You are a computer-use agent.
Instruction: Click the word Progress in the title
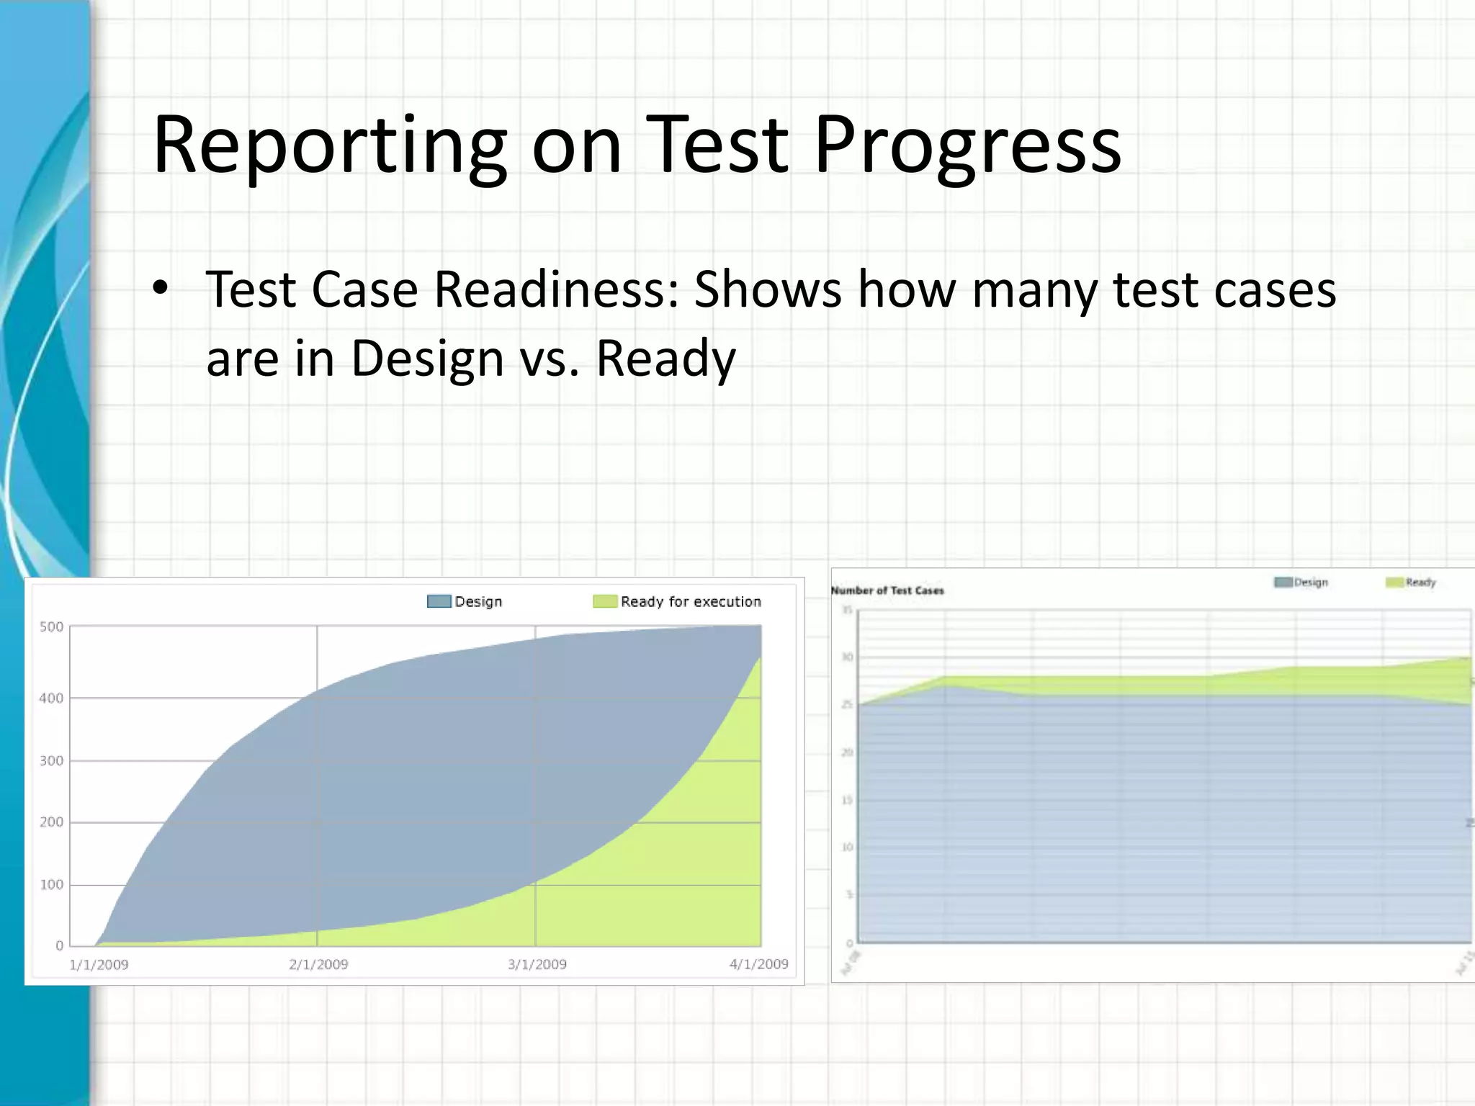click(967, 146)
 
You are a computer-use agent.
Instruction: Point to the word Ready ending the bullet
click(665, 358)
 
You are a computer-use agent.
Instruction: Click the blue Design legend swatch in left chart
click(439, 601)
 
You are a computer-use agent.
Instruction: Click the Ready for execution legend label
click(690, 601)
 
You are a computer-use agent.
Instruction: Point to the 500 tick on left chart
click(51, 626)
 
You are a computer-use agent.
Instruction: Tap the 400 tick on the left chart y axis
click(51, 698)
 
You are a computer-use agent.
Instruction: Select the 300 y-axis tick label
click(51, 760)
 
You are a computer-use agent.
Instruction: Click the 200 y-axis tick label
click(51, 822)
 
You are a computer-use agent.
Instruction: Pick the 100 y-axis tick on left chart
click(51, 884)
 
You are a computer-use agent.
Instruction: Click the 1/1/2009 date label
click(99, 964)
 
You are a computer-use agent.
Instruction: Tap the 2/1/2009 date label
click(318, 964)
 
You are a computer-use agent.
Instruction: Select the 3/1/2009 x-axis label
click(537, 964)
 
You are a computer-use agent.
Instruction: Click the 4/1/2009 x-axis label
click(758, 963)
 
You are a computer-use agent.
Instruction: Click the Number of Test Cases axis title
click(887, 590)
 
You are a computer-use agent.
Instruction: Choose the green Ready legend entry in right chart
click(1412, 582)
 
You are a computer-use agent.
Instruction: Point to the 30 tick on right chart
click(848, 657)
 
